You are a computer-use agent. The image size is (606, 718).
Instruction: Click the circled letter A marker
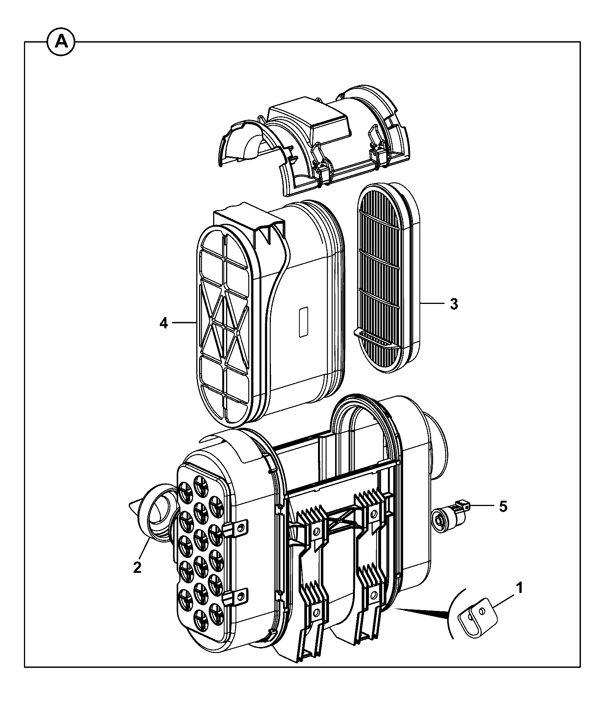point(61,42)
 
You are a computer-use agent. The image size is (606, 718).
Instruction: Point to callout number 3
point(454,304)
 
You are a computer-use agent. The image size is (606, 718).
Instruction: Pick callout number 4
point(164,323)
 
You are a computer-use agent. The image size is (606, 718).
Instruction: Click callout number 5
point(503,506)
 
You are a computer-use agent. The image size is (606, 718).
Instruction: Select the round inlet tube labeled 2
point(156,517)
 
